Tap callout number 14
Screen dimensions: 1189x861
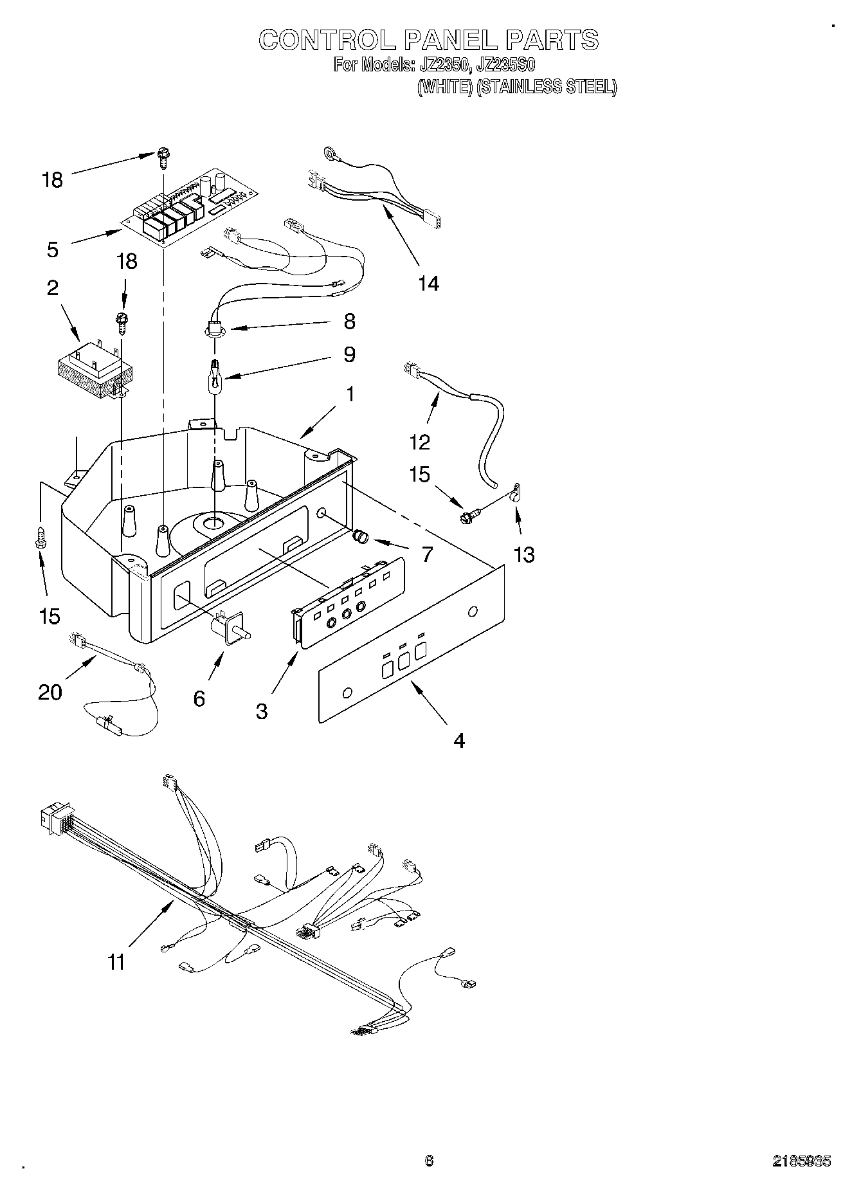point(428,283)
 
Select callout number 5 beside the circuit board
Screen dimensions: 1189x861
point(53,249)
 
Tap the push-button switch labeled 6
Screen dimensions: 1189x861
point(230,624)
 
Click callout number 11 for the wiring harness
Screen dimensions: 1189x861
point(116,962)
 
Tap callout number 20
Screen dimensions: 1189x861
point(50,692)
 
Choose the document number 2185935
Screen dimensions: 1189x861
point(801,1161)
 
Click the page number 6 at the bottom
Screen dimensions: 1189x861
point(430,1161)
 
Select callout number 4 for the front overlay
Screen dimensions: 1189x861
point(458,741)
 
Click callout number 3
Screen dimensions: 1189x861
point(262,711)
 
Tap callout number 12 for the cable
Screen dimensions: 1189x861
point(420,442)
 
